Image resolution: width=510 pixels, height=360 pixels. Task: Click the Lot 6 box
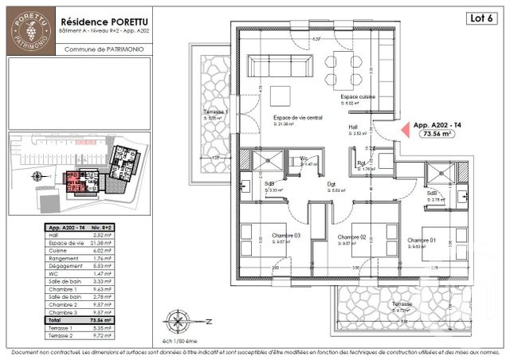click(x=476, y=18)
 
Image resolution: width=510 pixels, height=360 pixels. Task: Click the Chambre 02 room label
click(x=351, y=237)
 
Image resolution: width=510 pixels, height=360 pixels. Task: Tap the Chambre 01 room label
click(x=421, y=241)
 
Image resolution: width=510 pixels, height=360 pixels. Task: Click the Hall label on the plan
click(x=353, y=127)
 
